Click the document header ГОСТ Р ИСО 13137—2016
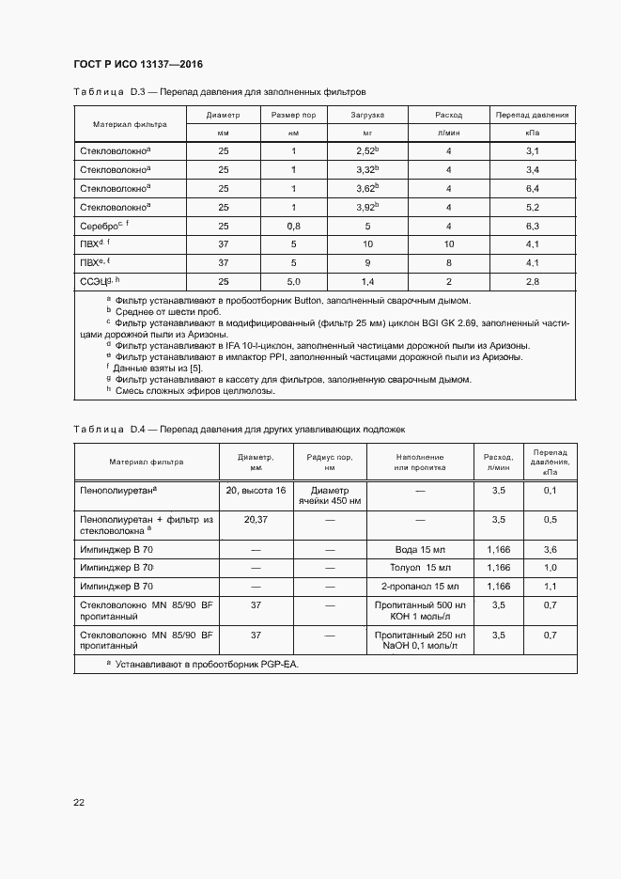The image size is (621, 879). pyautogui.click(x=138, y=65)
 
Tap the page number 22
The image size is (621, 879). pyautogui.click(x=80, y=802)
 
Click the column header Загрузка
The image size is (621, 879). pyautogui.click(x=367, y=115)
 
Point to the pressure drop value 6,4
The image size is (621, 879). pyautogui.click(x=532, y=188)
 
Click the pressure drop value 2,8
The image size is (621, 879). pyautogui.click(x=532, y=281)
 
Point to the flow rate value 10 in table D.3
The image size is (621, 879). pyautogui.click(x=449, y=244)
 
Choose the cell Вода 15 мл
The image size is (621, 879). pyautogui.click(x=420, y=549)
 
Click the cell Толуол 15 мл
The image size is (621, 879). pyautogui.click(x=420, y=568)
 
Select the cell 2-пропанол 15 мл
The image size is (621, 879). pyautogui.click(x=420, y=587)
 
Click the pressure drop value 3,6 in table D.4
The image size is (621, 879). pyautogui.click(x=550, y=549)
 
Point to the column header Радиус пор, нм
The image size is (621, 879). pyautogui.click(x=329, y=462)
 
